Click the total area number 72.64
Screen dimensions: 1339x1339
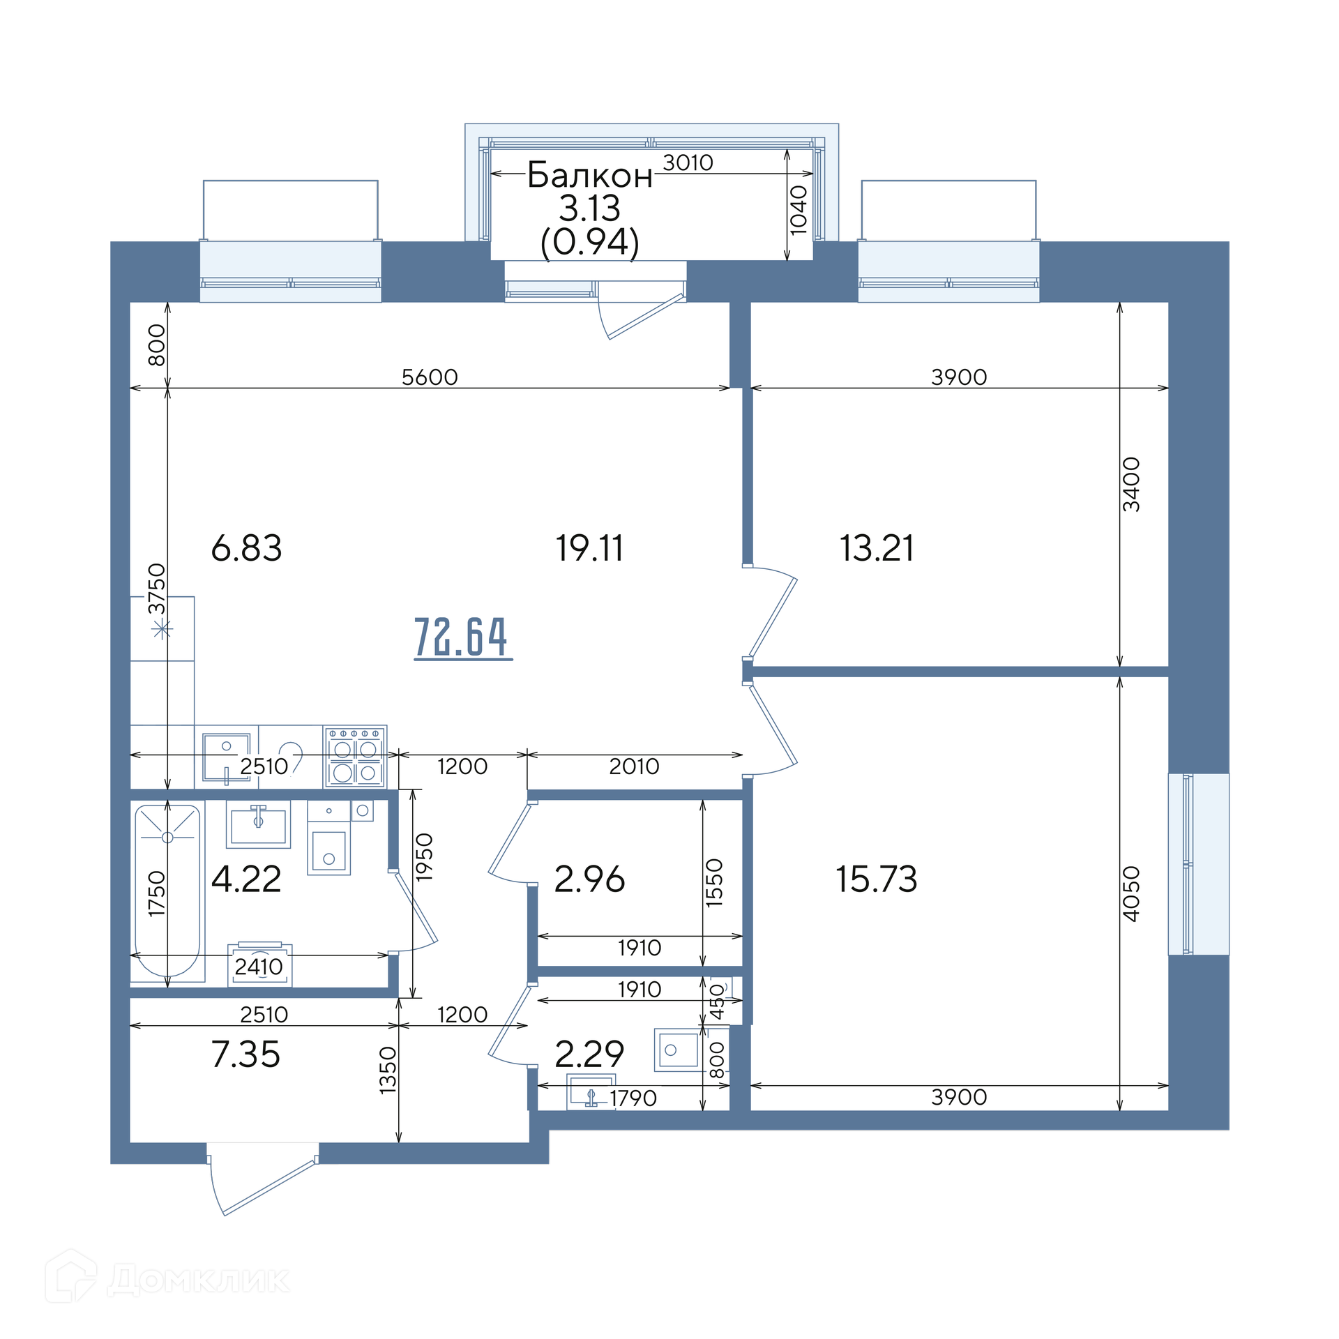[463, 637]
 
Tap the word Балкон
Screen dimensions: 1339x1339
[589, 175]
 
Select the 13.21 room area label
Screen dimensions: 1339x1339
[877, 548]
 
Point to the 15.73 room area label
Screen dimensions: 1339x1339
[877, 879]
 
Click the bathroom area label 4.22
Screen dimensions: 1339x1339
[246, 879]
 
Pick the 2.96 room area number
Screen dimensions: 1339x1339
[589, 879]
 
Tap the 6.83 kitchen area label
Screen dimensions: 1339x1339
[246, 548]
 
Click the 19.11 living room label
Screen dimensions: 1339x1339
[589, 548]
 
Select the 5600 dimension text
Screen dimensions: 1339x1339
[430, 377]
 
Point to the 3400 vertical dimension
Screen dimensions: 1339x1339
[1131, 485]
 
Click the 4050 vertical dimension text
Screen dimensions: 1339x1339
[1131, 893]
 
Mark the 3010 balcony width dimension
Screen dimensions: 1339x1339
[688, 162]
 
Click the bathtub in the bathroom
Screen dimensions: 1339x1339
[167, 892]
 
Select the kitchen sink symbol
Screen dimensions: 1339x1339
[227, 757]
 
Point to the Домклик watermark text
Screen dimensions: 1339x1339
[198, 1280]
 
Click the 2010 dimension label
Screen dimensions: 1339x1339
[634, 766]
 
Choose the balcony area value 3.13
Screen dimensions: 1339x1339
[589, 209]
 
